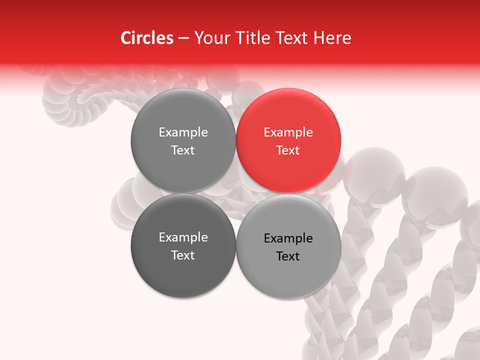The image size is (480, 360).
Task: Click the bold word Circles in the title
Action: pyautogui.click(x=147, y=38)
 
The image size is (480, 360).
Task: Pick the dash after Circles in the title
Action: pyautogui.click(x=183, y=38)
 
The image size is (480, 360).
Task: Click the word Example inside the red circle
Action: pyautogui.click(x=288, y=132)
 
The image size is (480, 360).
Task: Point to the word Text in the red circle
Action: pyautogui.click(x=288, y=150)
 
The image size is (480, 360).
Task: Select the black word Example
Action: pyautogui.click(x=288, y=238)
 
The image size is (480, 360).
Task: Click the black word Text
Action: pyautogui.click(x=288, y=256)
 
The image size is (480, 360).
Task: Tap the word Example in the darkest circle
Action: pyautogui.click(x=183, y=237)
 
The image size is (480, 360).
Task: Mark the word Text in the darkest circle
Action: pyautogui.click(x=183, y=255)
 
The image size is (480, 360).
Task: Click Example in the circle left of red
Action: pyautogui.click(x=183, y=132)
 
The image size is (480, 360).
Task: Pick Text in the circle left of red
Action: pyautogui.click(x=183, y=150)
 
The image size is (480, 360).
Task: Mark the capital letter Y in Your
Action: pyautogui.click(x=198, y=38)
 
